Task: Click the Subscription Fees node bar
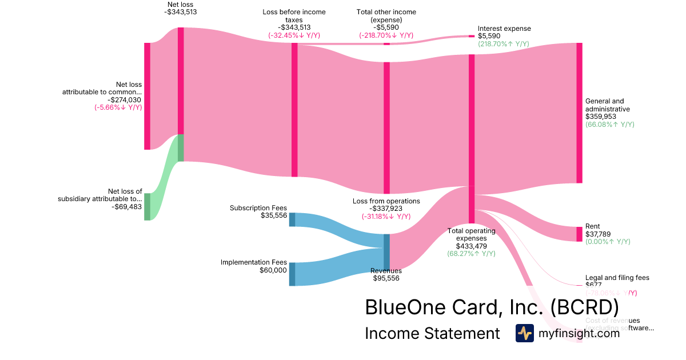[292, 219]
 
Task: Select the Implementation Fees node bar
[292, 274]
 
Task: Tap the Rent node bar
[579, 234]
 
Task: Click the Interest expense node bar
[472, 36]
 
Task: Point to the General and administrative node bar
[579, 113]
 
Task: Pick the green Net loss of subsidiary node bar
[147, 206]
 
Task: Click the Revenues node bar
[386, 249]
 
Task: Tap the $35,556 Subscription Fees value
[273, 215]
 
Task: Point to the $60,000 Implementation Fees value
[273, 270]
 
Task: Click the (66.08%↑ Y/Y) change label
[609, 125]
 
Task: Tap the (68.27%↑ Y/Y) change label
[471, 254]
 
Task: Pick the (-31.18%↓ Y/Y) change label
[386, 217]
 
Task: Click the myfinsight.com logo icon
[524, 333]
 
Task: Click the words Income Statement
[432, 334]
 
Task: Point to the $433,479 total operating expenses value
[471, 246]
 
